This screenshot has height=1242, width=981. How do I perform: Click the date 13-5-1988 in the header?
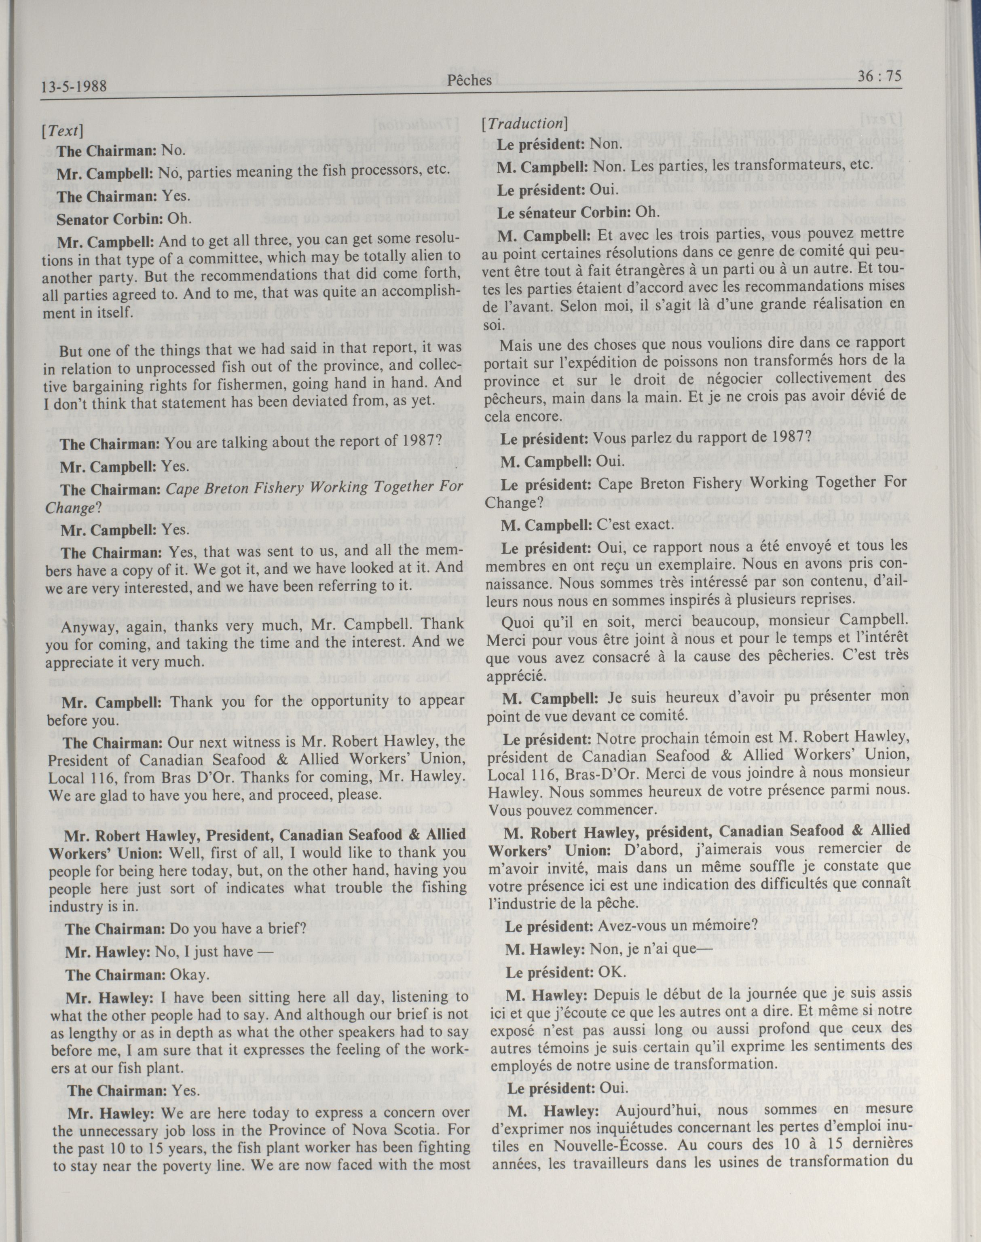tap(74, 87)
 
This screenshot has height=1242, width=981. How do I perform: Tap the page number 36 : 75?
tap(880, 76)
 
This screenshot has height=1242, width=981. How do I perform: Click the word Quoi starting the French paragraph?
tap(517, 621)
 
